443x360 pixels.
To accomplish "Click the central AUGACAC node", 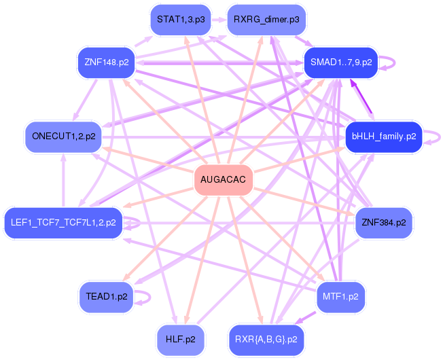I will (x=224, y=180).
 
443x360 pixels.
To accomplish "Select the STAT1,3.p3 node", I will (x=180, y=19).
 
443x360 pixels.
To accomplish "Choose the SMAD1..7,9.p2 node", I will (x=340, y=62).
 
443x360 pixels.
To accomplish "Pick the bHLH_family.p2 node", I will (x=384, y=137).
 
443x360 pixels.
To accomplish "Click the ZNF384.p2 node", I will (x=383, y=222).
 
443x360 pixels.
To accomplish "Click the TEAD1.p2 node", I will (x=107, y=297).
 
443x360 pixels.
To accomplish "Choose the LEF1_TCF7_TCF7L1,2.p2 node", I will (x=64, y=222).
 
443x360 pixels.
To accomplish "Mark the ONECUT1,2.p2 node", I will (x=63, y=137).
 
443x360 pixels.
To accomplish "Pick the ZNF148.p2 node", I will (x=107, y=62).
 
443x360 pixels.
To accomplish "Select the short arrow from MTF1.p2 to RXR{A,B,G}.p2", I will (x=306, y=317).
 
